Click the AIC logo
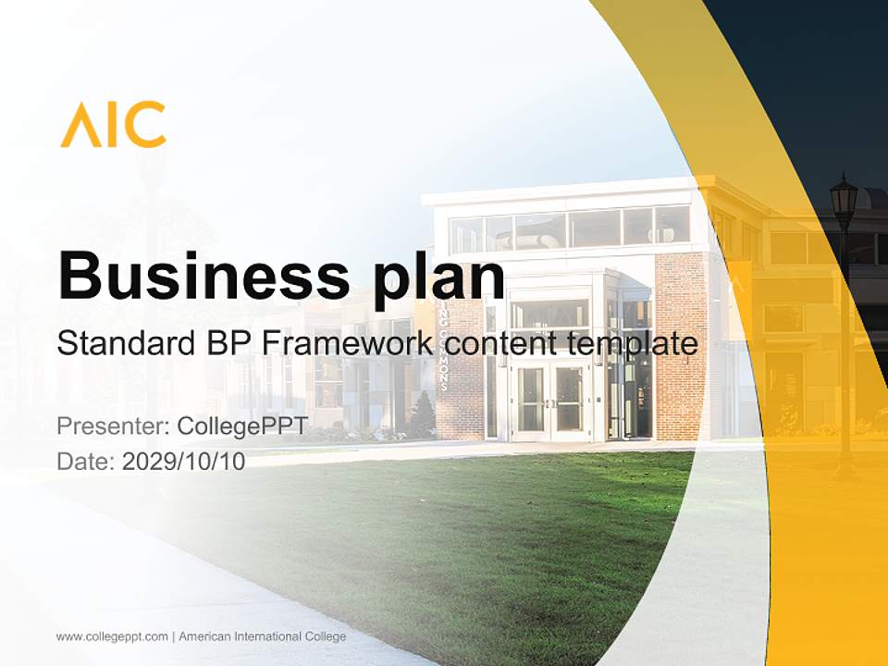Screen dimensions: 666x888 (113, 125)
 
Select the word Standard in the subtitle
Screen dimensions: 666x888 (121, 344)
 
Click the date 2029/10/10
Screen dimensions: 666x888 (184, 461)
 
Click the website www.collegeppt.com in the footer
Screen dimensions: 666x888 (112, 636)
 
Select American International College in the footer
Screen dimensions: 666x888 (262, 636)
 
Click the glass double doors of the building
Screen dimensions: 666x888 (551, 399)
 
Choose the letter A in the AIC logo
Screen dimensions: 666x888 (79, 125)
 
